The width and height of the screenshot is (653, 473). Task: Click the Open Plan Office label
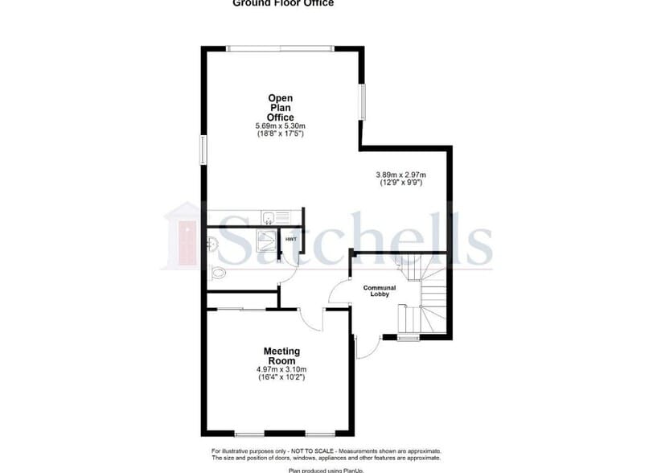[x=281, y=108]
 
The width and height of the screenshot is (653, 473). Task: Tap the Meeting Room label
[x=281, y=356]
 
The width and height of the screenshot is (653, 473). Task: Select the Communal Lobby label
[x=379, y=290]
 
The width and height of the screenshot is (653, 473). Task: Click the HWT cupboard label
[x=291, y=239]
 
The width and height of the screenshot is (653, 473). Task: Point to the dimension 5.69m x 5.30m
[x=281, y=126]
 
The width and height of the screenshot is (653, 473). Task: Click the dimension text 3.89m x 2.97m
[x=400, y=175]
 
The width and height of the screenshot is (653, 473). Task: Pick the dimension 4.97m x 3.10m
[x=281, y=369]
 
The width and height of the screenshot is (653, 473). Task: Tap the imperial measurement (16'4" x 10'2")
[x=281, y=377]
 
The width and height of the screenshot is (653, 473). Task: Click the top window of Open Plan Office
[x=280, y=49]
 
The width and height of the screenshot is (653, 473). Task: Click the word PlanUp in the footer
[x=343, y=469]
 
